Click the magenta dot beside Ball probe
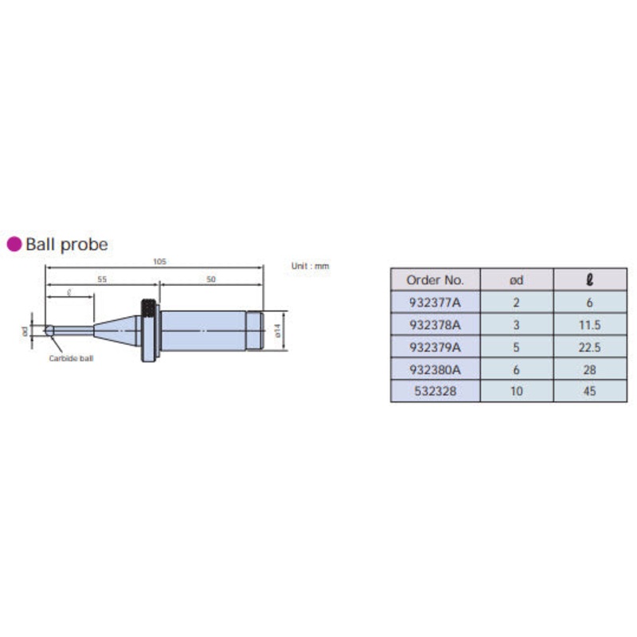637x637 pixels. (x=14, y=244)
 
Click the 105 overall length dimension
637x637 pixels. (x=160, y=262)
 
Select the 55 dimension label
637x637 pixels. (x=102, y=279)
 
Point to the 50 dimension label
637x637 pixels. (x=211, y=279)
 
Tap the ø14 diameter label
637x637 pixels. (x=278, y=330)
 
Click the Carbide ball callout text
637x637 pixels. (x=71, y=358)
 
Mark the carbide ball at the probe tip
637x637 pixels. (x=49, y=330)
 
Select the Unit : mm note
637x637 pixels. (x=310, y=266)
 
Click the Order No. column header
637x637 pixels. (x=435, y=280)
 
